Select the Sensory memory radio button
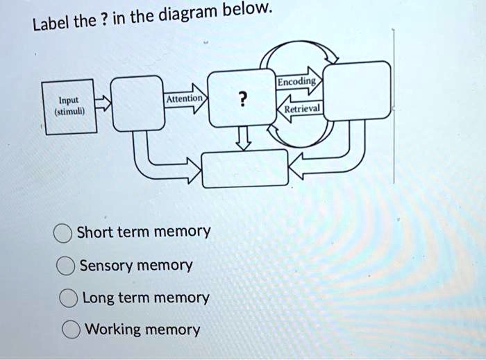(66, 266)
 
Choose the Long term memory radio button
(69, 299)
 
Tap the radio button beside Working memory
(71, 329)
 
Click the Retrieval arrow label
(302, 109)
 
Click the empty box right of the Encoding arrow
(357, 90)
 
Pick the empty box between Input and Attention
(138, 103)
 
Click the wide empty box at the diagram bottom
(244, 168)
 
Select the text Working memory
(142, 329)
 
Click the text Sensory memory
(136, 266)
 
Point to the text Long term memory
(146, 298)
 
